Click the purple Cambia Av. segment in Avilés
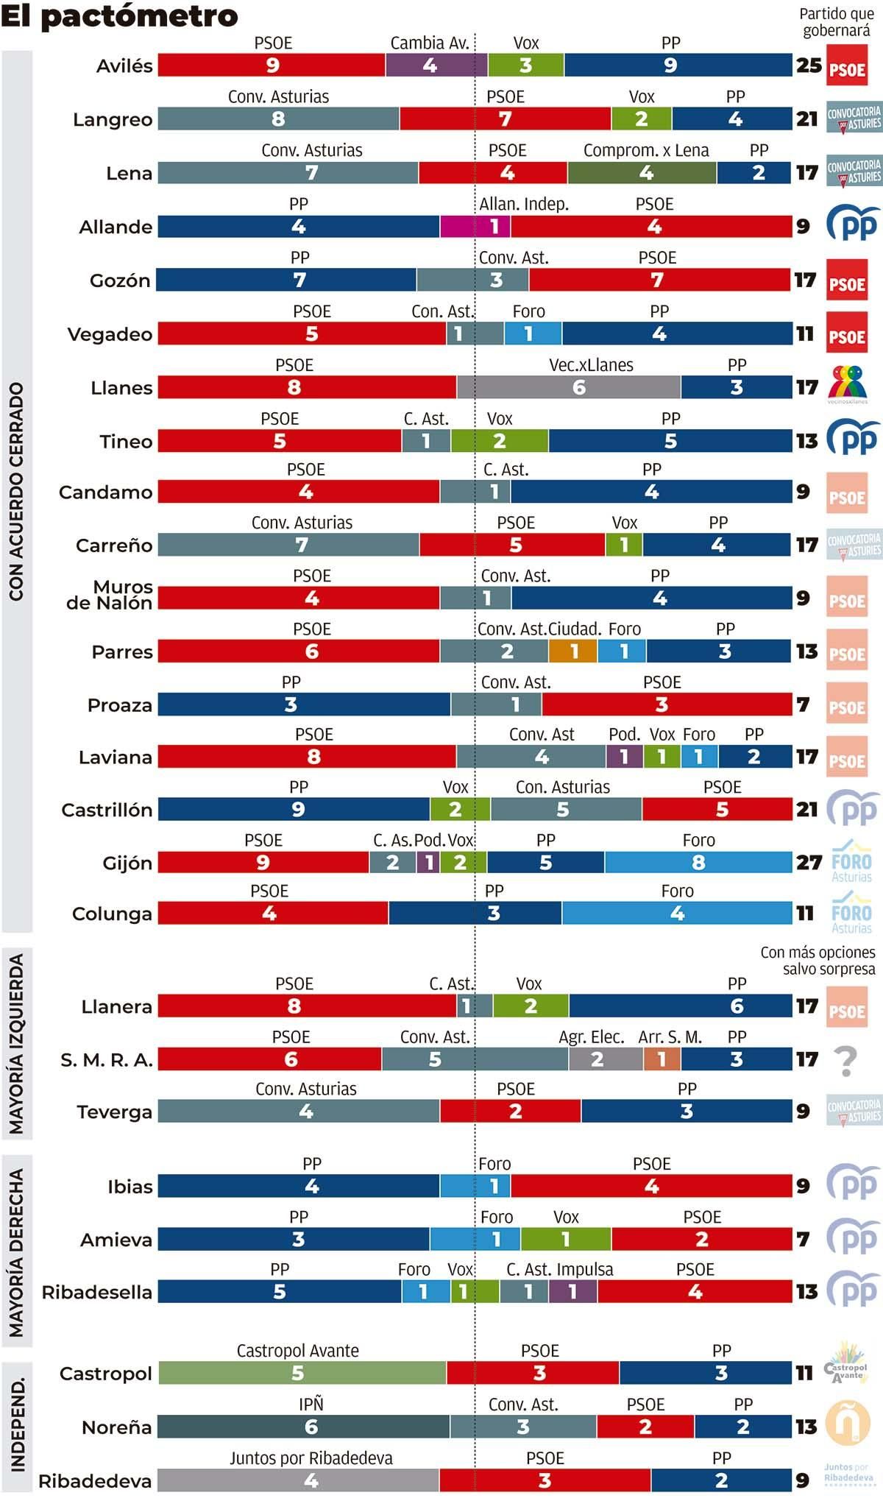tap(436, 65)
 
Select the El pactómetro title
tap(119, 16)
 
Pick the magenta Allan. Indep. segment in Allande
tap(475, 226)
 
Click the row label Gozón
tap(120, 280)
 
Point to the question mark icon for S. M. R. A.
tap(846, 1061)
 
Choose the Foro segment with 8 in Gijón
tap(698, 862)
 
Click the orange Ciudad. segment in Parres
tap(572, 651)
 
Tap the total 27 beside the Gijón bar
tap(809, 863)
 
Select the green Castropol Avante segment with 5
tap(302, 1373)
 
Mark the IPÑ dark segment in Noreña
tap(303, 1427)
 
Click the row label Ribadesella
tap(96, 1292)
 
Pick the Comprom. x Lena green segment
tap(641, 173)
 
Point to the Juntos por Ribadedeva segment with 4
tap(298, 1480)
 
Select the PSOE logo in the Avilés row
tap(847, 66)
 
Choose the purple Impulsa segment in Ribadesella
tap(572, 1291)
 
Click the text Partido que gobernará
tap(837, 22)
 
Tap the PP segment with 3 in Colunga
tap(475, 914)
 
